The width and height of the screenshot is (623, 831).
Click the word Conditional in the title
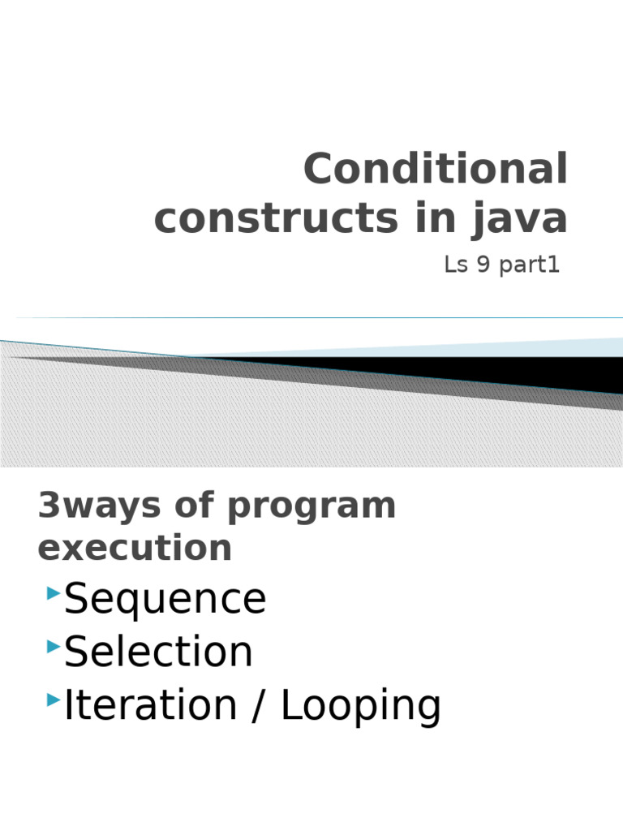[x=436, y=170]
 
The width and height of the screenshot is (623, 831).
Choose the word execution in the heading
[x=135, y=548]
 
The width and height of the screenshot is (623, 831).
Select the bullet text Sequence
[x=165, y=600]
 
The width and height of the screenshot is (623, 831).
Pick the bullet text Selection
[x=158, y=652]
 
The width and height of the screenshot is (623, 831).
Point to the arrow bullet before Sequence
[x=54, y=595]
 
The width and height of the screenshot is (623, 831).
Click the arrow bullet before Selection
[x=54, y=647]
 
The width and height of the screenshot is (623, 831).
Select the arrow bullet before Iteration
[x=54, y=700]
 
